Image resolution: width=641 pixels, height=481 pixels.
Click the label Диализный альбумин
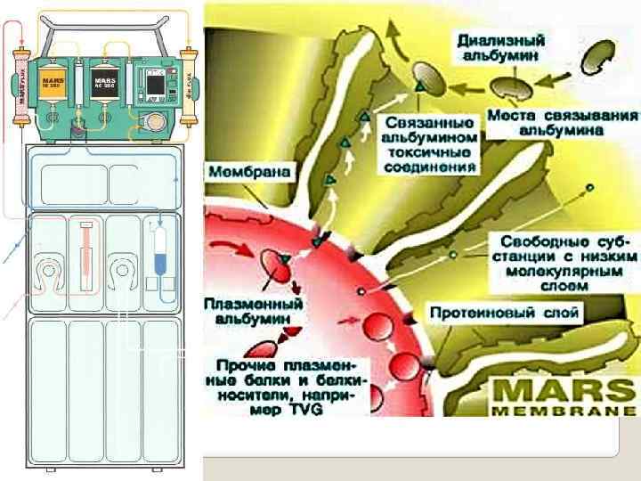[x=502, y=45]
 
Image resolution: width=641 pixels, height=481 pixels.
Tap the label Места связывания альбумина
[x=562, y=122]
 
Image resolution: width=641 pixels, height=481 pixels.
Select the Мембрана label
[x=252, y=171]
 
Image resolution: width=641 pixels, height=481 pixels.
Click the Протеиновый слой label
[x=505, y=313]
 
